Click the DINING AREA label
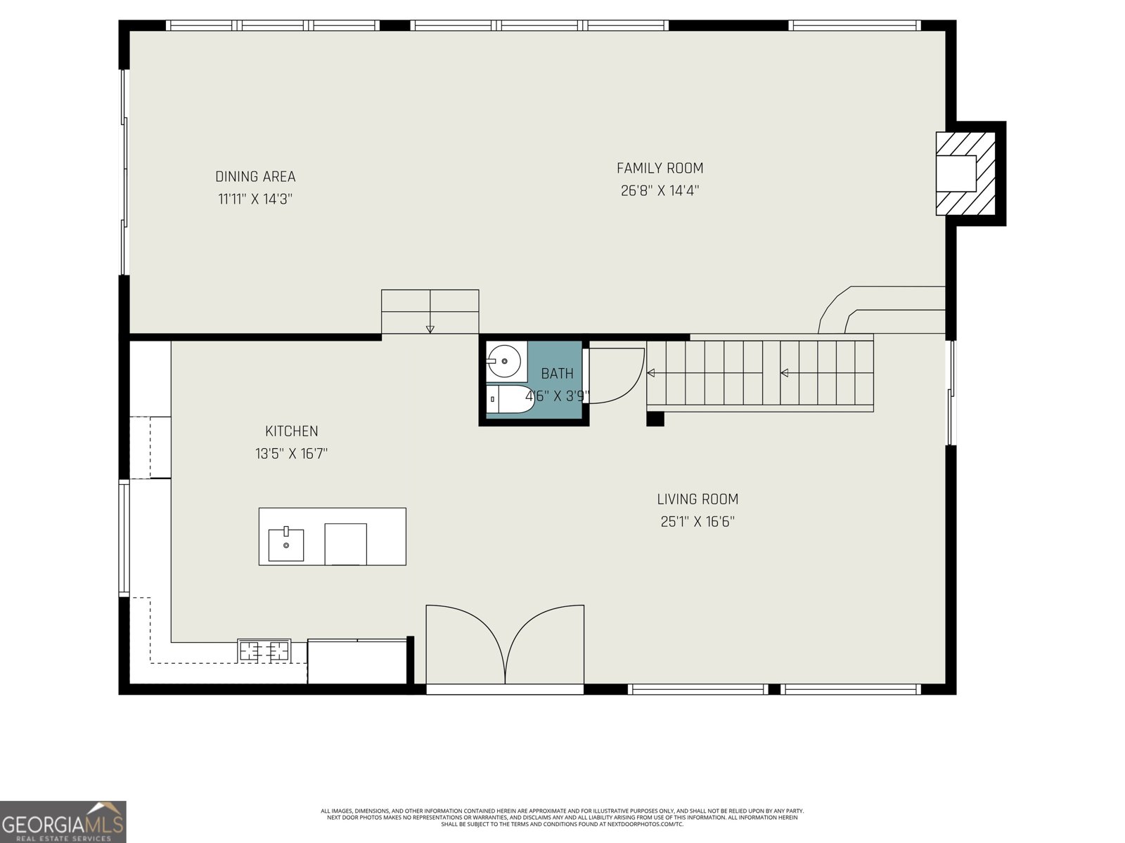coord(255,177)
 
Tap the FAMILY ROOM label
coord(660,169)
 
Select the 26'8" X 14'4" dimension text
coord(660,191)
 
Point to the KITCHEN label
coord(291,431)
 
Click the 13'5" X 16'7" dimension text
coord(291,454)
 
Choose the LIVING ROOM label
coord(697,499)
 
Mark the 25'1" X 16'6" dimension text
coord(697,522)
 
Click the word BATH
coord(557,374)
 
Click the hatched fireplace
coord(965,173)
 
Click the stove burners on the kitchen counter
coord(264,651)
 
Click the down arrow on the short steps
coord(430,329)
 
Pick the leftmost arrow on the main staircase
coord(651,373)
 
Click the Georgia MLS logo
coord(63,821)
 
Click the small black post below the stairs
coord(655,419)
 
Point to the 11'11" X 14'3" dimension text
coord(255,200)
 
